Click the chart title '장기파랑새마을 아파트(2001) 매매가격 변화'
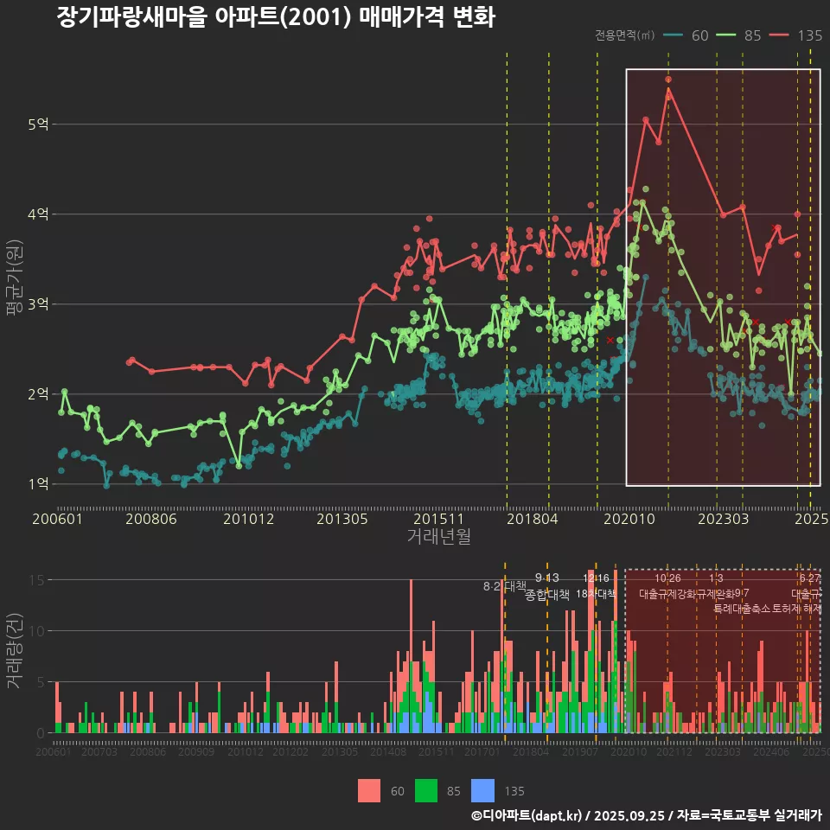point(276,17)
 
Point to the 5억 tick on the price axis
point(37,124)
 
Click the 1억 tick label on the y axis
point(37,483)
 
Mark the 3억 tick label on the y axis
point(37,304)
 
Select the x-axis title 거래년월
point(438,537)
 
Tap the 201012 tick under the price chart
point(249,520)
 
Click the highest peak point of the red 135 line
point(668,80)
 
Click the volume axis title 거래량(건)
point(14,651)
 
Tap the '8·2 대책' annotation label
point(505,586)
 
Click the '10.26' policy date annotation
point(668,578)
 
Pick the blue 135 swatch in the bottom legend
point(483,790)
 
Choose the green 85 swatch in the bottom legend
point(426,790)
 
